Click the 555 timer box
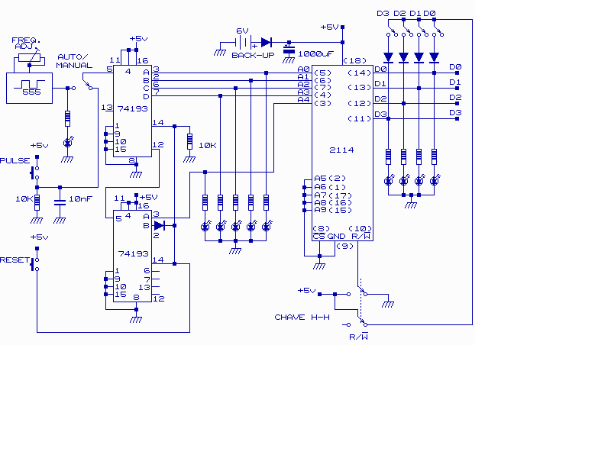(x=29, y=88)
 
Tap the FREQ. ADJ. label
(x=26, y=44)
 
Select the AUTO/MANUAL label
(x=74, y=61)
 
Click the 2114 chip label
(x=341, y=150)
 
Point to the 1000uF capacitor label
(x=315, y=53)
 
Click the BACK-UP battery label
(x=253, y=55)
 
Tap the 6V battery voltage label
(x=242, y=31)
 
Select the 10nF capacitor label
(x=81, y=198)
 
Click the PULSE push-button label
(x=15, y=160)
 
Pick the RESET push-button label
(x=15, y=260)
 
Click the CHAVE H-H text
(x=302, y=317)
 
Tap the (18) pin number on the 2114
(x=355, y=60)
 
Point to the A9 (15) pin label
(x=333, y=211)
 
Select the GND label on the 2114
(x=336, y=237)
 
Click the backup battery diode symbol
(x=267, y=42)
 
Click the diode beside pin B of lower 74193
(x=160, y=225)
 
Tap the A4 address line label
(x=303, y=100)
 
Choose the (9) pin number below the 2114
(x=345, y=246)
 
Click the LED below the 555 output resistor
(x=68, y=143)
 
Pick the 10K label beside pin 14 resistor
(x=207, y=145)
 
